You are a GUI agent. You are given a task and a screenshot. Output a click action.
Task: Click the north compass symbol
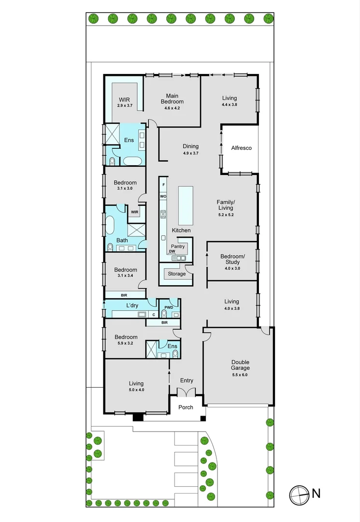[x=299, y=494]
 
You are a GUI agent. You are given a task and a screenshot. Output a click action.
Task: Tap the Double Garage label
[x=240, y=365]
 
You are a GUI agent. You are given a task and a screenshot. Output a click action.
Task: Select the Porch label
[x=186, y=407]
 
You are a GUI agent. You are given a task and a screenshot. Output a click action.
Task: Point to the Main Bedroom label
[x=173, y=99]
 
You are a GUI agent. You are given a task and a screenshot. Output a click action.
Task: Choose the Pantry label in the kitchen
[x=178, y=246]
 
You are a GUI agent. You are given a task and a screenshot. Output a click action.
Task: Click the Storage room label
[x=176, y=274]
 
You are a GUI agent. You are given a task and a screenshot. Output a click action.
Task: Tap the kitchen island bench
[x=185, y=205]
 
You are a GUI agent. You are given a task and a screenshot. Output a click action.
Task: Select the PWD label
[x=169, y=307]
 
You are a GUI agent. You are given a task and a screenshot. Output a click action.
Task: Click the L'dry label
[x=132, y=305]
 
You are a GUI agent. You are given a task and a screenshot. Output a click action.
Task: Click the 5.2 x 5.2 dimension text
[x=226, y=215]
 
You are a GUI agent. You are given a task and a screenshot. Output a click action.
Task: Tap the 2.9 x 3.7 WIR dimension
[x=124, y=105]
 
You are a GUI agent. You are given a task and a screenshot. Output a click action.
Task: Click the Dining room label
[x=190, y=146]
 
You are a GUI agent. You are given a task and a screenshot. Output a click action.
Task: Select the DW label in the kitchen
[x=172, y=252]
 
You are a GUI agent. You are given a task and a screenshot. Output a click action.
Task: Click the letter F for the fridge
[x=164, y=185]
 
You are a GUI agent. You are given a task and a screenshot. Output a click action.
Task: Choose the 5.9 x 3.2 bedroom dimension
[x=126, y=343]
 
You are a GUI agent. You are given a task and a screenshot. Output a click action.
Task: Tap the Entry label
[x=187, y=380]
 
